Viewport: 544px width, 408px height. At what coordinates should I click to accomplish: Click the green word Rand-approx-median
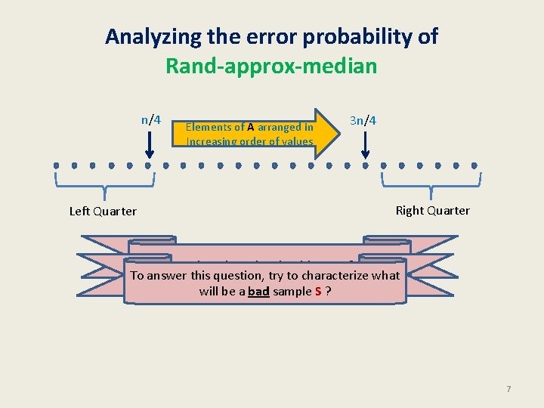[x=271, y=66]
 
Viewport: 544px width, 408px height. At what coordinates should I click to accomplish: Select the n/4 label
[x=151, y=119]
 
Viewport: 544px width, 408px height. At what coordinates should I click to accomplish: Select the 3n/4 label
[x=364, y=119]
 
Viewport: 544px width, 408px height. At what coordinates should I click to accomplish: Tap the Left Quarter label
[x=103, y=212]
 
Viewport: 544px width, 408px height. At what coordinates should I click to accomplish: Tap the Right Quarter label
[x=432, y=211]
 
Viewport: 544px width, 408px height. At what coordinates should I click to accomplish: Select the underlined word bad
[x=258, y=291]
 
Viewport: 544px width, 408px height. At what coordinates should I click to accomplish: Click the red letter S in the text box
[x=319, y=291]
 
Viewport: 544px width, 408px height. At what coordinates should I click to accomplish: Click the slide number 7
[x=508, y=389]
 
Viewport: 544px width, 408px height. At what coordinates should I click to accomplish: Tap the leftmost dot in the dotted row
[x=56, y=165]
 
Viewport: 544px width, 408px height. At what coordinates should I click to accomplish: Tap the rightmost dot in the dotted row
[x=474, y=165]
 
